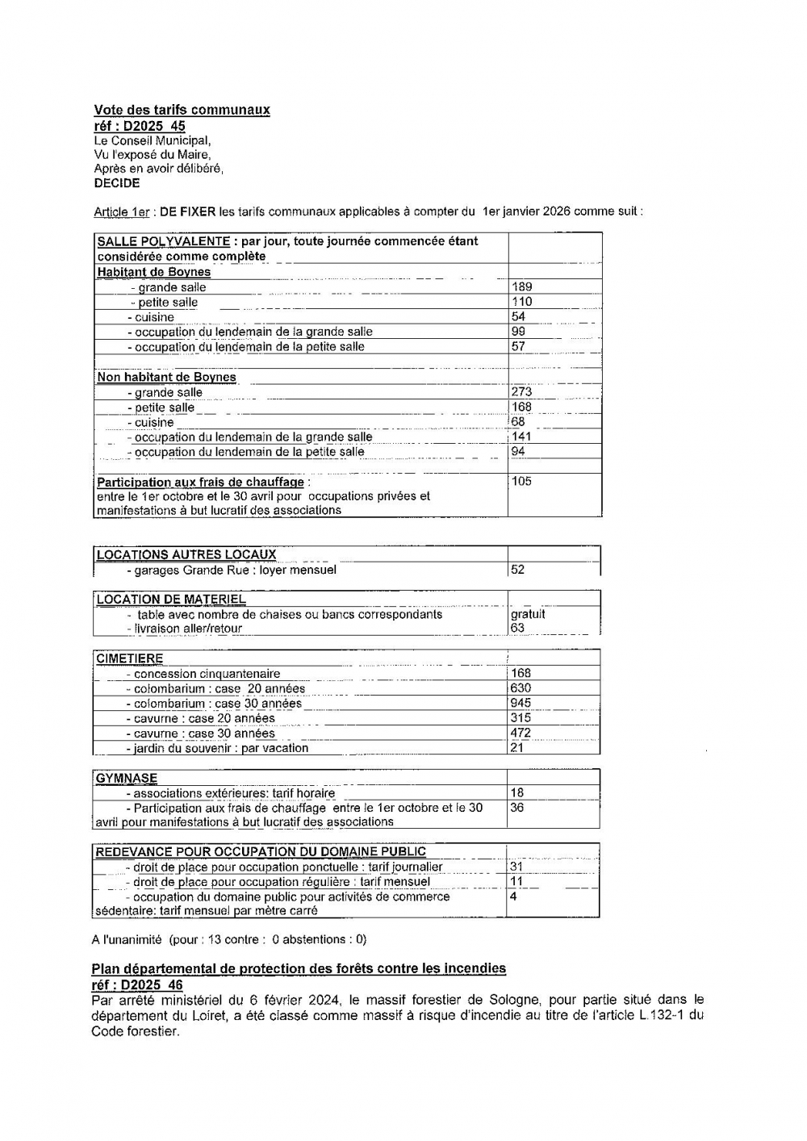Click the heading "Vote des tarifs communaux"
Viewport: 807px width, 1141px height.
tap(182, 110)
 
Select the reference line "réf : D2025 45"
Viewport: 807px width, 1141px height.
tap(139, 126)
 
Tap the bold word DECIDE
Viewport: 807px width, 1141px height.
tap(117, 183)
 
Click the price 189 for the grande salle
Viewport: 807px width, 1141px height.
tap(522, 286)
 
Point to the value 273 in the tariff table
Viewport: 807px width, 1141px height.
tap(522, 392)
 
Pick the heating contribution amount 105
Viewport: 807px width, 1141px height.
tap(522, 482)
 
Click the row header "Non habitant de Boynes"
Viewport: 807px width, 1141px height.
tap(166, 377)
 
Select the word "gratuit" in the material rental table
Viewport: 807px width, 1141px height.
tap(528, 614)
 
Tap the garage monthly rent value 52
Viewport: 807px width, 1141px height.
tap(518, 570)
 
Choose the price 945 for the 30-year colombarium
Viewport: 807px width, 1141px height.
tap(521, 703)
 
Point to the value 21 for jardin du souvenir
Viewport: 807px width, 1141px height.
tap(517, 748)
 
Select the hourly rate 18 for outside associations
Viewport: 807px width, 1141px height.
tap(517, 793)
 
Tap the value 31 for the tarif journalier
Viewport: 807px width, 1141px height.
tap(516, 867)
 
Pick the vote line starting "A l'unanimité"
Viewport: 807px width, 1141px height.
tap(228, 939)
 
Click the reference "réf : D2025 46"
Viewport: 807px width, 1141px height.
tap(137, 985)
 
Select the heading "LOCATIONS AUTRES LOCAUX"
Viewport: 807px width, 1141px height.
tap(186, 554)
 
